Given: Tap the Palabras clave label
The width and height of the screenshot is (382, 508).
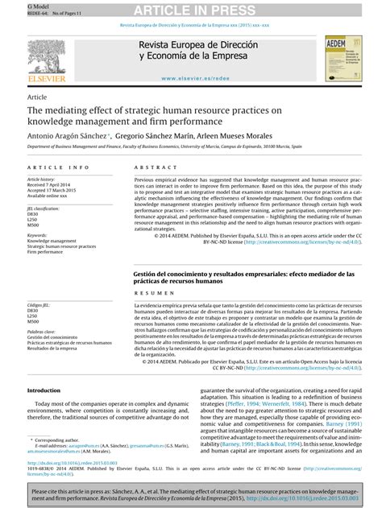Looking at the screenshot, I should coord(41,330).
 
